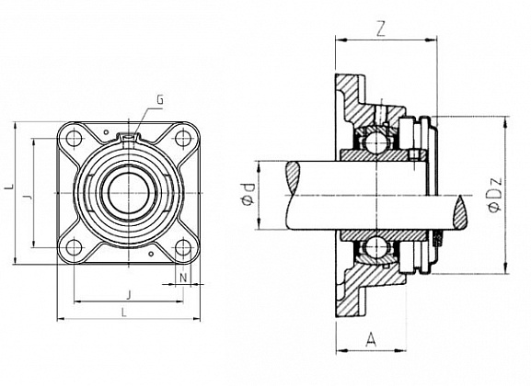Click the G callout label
click(x=160, y=100)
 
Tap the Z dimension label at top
click(x=381, y=29)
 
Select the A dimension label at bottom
click(x=371, y=339)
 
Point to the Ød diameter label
click(x=248, y=194)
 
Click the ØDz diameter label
click(x=494, y=194)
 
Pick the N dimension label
click(x=183, y=278)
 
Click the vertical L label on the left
click(x=11, y=187)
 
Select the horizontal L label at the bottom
click(x=124, y=312)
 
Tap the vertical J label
click(x=29, y=196)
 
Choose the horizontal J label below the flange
click(x=128, y=295)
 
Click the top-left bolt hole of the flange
click(x=74, y=139)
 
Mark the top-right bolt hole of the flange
click(x=183, y=138)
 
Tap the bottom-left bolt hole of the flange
click(x=74, y=247)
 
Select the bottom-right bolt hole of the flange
click(x=183, y=247)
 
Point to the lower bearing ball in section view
click(x=375, y=247)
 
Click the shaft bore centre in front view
click(x=129, y=193)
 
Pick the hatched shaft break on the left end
click(x=293, y=177)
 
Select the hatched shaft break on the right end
click(x=460, y=213)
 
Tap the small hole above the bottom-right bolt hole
click(x=151, y=254)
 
